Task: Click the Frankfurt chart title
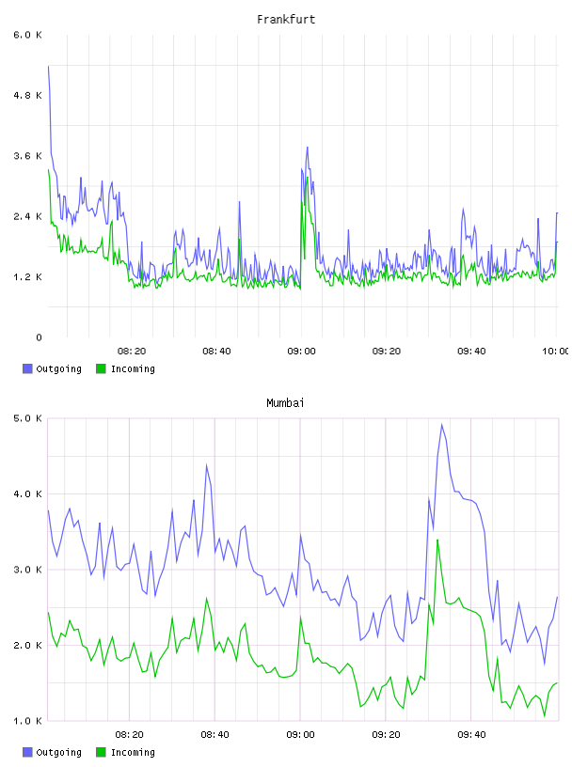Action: pos(286,20)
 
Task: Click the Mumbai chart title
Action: pos(285,403)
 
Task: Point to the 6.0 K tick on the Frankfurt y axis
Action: pos(28,35)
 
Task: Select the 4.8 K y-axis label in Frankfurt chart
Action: pos(28,95)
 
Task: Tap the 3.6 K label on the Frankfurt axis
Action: pos(28,156)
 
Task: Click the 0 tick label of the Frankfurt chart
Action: pos(39,337)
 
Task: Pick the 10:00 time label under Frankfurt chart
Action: pos(555,352)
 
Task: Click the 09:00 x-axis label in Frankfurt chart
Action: pos(301,352)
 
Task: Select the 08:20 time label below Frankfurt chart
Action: pos(132,352)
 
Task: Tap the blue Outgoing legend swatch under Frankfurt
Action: pos(27,368)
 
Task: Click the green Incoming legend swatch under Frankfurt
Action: pos(101,368)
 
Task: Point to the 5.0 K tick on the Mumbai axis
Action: pos(28,418)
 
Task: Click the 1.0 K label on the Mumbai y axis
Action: pos(28,721)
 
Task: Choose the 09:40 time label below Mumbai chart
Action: pos(471,735)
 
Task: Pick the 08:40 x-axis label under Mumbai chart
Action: pos(215,735)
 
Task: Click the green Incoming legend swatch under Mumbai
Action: pos(101,752)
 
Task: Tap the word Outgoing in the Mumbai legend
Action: pos(58,752)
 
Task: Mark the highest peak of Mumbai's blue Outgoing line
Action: pos(442,425)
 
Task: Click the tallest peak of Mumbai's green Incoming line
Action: pos(437,540)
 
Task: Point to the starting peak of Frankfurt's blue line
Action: pos(48,66)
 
